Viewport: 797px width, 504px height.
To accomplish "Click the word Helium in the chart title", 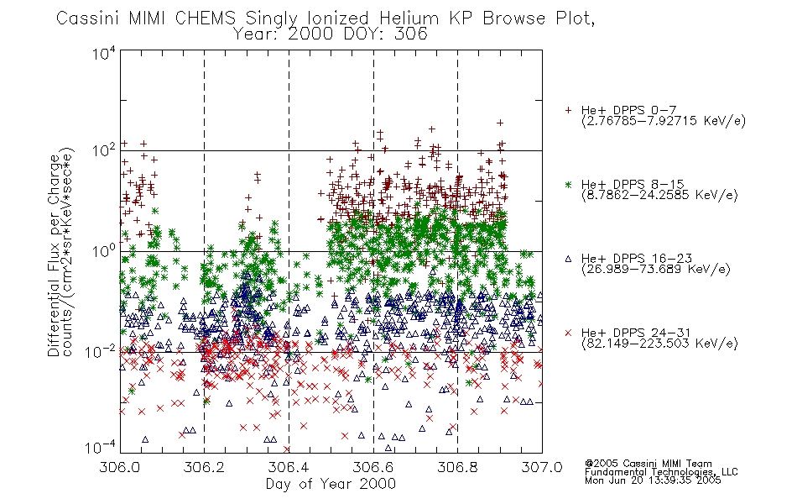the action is [409, 18].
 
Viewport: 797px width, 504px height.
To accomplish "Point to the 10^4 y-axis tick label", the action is [104, 53].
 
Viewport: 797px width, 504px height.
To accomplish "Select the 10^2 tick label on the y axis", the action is [104, 150].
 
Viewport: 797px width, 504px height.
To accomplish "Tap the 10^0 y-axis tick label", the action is [104, 251].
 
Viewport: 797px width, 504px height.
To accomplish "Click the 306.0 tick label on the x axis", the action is [120, 467].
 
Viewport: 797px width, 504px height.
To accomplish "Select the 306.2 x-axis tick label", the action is [205, 467].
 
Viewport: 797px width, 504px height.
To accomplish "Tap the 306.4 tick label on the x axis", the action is [289, 467].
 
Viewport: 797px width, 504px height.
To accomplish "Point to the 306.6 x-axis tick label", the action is [373, 467].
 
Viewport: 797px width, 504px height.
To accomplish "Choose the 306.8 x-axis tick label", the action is [457, 467].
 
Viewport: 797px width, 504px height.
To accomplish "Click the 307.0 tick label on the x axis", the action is [542, 467].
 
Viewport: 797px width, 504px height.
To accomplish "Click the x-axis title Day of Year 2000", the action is [331, 484].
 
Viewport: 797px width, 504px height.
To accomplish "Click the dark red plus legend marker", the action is [568, 110].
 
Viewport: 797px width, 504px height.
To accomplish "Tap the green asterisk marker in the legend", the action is [568, 184].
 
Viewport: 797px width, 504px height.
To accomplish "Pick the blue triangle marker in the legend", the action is [568, 259].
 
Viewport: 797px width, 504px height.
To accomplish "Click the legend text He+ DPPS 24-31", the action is [637, 333].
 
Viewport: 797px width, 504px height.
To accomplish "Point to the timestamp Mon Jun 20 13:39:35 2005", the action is [653, 480].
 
